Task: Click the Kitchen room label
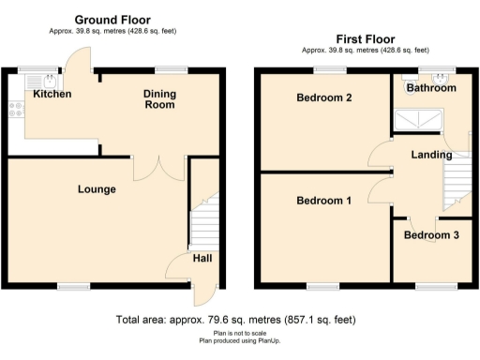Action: tap(52, 95)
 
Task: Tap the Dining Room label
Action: tap(159, 98)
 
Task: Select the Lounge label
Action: tap(97, 189)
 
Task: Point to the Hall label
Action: tap(202, 259)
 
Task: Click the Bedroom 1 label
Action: tap(324, 201)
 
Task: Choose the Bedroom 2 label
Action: tap(324, 97)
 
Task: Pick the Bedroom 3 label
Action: tap(431, 235)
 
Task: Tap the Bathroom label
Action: tap(431, 88)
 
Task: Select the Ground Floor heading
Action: tap(112, 20)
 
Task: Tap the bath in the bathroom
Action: tap(417, 119)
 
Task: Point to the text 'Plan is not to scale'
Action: tap(239, 333)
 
